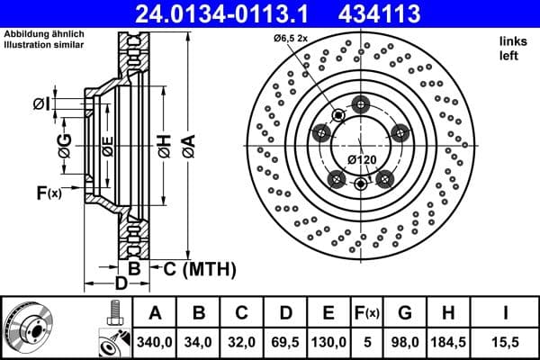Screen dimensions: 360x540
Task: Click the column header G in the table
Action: [x=405, y=313]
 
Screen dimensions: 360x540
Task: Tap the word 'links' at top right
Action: [x=511, y=41]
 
